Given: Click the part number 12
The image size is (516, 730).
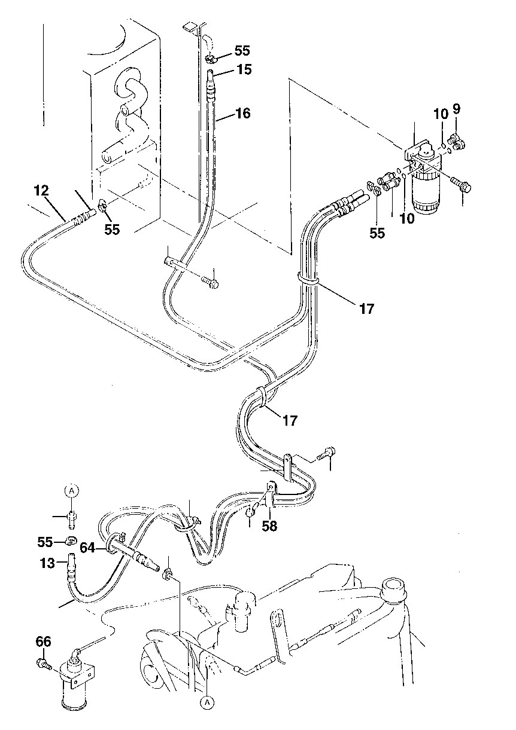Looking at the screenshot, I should (41, 191).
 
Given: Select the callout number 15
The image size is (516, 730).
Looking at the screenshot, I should (244, 69).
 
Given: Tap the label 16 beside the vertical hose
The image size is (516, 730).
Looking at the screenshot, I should (243, 113).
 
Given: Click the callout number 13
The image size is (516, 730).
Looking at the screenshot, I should (47, 563).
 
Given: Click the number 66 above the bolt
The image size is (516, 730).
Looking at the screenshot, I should (44, 642).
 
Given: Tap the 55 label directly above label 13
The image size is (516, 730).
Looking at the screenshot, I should (45, 542).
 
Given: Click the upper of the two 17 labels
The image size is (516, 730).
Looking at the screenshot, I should (366, 309).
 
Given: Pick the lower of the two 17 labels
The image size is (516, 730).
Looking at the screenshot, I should (290, 420).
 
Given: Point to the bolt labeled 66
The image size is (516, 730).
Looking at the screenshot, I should (43, 663).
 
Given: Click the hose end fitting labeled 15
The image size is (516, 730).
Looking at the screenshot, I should (210, 78).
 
